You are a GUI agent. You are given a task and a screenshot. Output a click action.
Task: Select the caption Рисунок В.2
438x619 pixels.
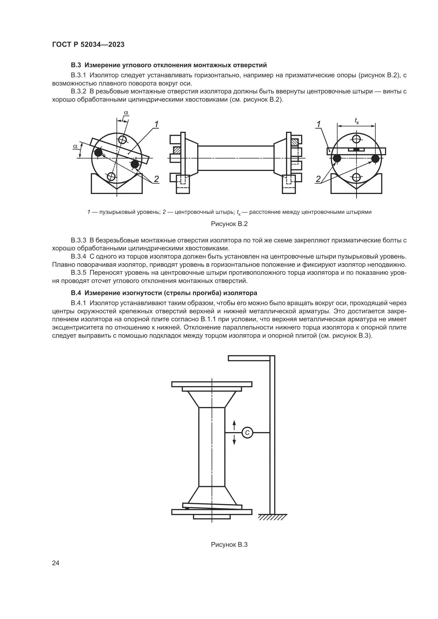(229, 224)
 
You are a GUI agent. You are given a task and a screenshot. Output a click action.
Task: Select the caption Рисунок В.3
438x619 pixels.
(229, 544)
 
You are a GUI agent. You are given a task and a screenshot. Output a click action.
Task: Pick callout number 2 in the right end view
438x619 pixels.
(319, 179)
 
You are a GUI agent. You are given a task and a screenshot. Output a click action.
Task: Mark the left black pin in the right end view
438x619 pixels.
(337, 159)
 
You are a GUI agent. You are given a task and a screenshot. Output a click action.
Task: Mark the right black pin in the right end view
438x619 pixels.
(375, 159)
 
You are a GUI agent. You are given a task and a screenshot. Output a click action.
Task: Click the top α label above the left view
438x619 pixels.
(126, 112)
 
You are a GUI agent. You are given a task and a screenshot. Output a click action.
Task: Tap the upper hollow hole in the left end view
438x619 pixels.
(123, 140)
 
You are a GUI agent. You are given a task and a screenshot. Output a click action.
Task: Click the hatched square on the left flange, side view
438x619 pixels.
(177, 150)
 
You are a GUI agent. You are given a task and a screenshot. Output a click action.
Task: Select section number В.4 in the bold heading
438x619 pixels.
(76, 293)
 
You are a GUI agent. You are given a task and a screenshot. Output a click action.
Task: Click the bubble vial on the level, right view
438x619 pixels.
(356, 149)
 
